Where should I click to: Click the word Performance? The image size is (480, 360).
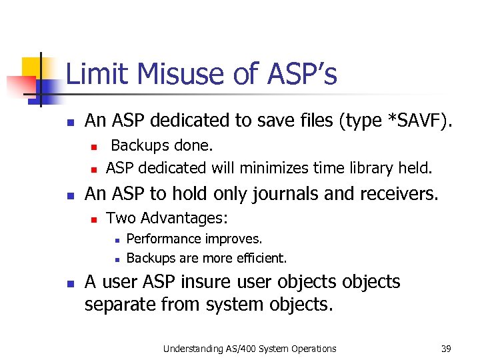164,239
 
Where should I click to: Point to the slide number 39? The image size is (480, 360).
446,348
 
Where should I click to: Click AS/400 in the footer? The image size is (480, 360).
255,348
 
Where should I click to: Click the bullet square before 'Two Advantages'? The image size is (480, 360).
95,219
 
